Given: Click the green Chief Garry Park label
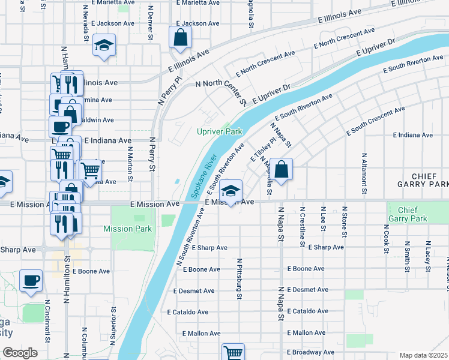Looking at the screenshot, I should pos(407,214).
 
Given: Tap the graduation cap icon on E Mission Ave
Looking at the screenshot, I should pos(231,191).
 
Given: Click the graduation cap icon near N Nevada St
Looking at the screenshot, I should pos(104,46).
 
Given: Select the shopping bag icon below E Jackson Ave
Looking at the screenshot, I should pos(180,38).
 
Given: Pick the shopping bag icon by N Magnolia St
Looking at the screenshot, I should pos(281,170).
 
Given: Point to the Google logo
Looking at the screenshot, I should pos(20,353).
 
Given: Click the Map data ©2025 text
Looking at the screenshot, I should pos(424,355).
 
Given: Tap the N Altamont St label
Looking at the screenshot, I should pos(364,175).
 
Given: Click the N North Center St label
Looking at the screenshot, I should pos(221,91).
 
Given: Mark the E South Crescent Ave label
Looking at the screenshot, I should pos(375,121).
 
